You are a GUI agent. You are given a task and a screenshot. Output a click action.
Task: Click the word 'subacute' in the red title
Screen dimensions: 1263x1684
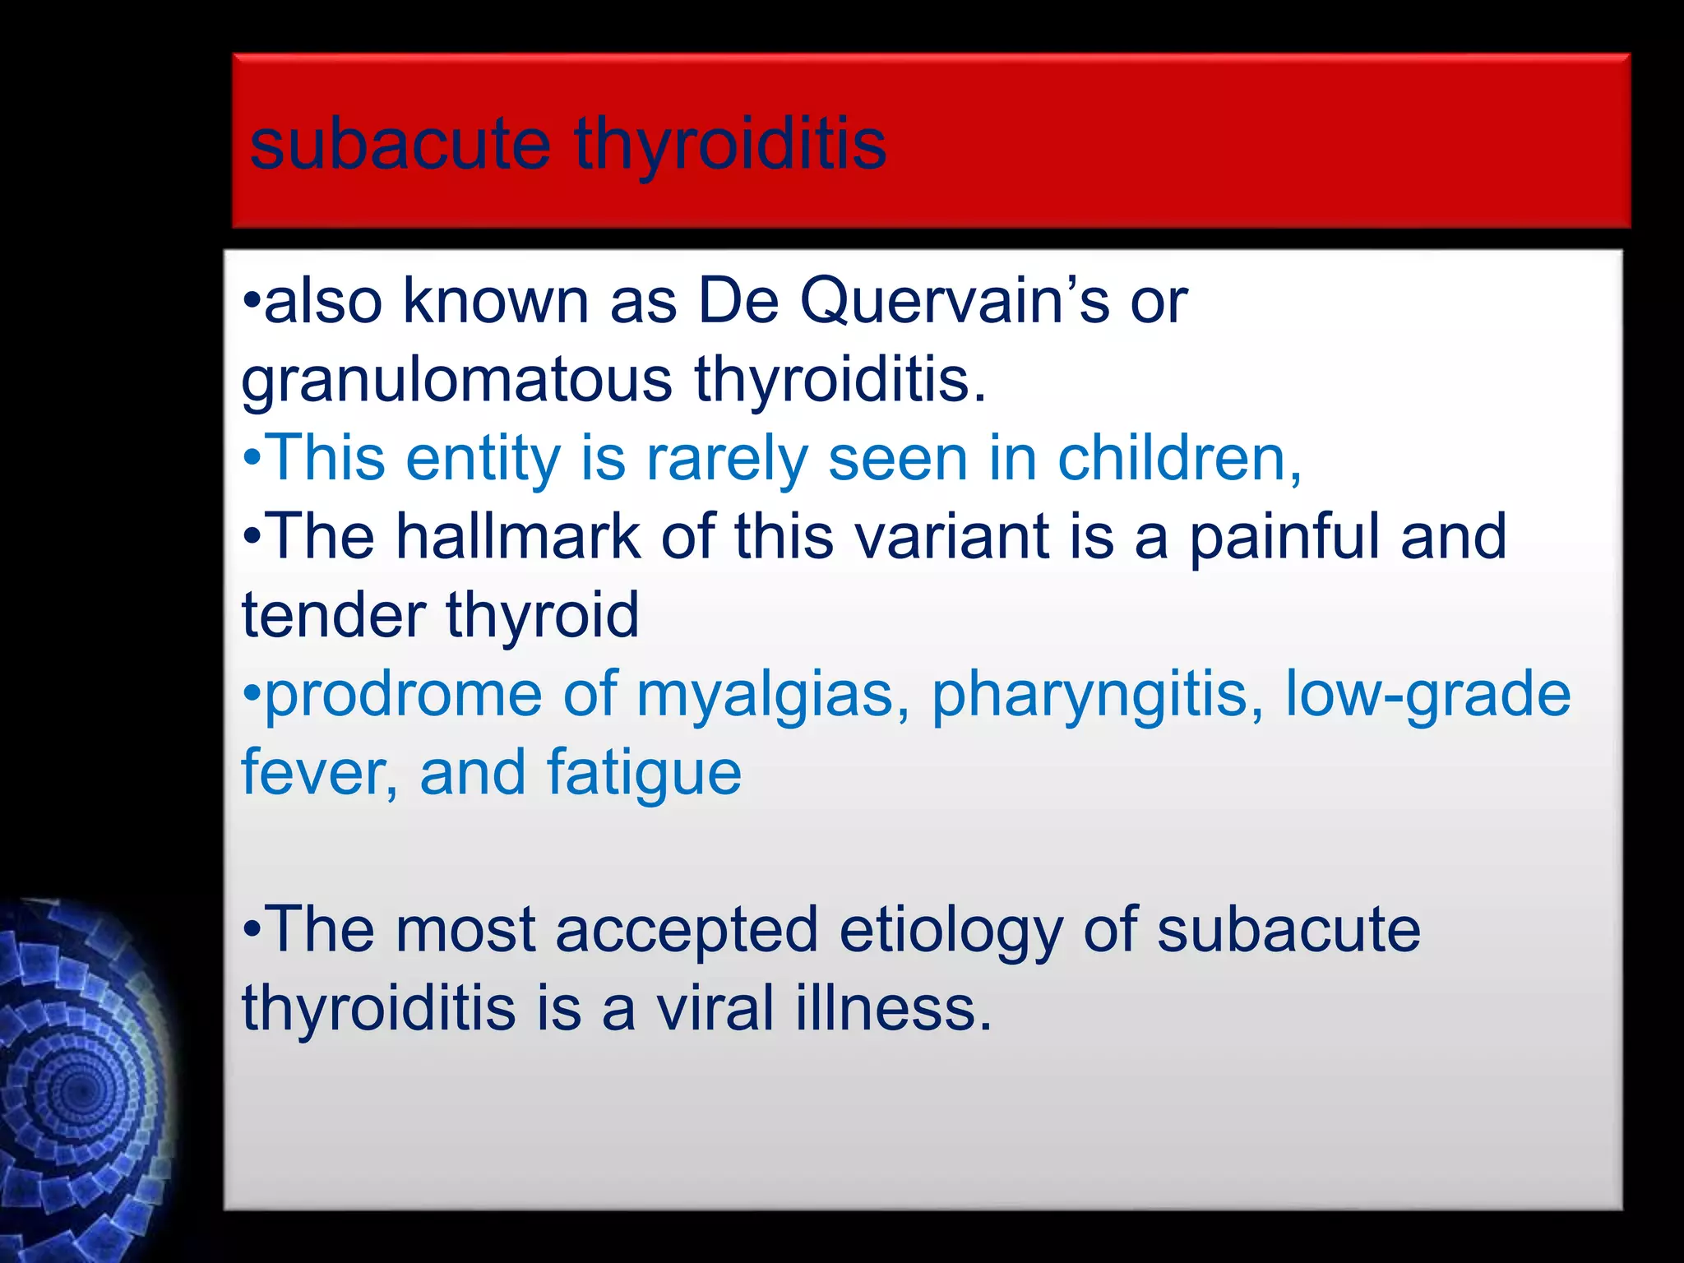[400, 144]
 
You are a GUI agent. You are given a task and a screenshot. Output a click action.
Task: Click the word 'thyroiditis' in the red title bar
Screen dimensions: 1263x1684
[730, 146]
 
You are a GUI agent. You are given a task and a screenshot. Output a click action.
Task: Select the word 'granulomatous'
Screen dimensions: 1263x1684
[457, 381]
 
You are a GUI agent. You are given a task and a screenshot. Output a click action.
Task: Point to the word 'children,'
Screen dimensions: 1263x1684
[1180, 458]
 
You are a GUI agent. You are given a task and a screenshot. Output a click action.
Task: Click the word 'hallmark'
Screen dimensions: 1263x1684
[518, 536]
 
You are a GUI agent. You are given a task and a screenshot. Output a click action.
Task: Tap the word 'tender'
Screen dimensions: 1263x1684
[334, 615]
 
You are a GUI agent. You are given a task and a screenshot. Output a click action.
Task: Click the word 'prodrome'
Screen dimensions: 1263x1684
[403, 695]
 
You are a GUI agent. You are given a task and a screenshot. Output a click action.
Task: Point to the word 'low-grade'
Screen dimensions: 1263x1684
[1427, 695]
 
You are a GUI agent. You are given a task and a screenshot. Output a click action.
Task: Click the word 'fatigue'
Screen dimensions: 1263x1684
[644, 773]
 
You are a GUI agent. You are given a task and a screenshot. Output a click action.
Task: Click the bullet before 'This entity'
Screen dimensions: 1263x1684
[252, 459]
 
